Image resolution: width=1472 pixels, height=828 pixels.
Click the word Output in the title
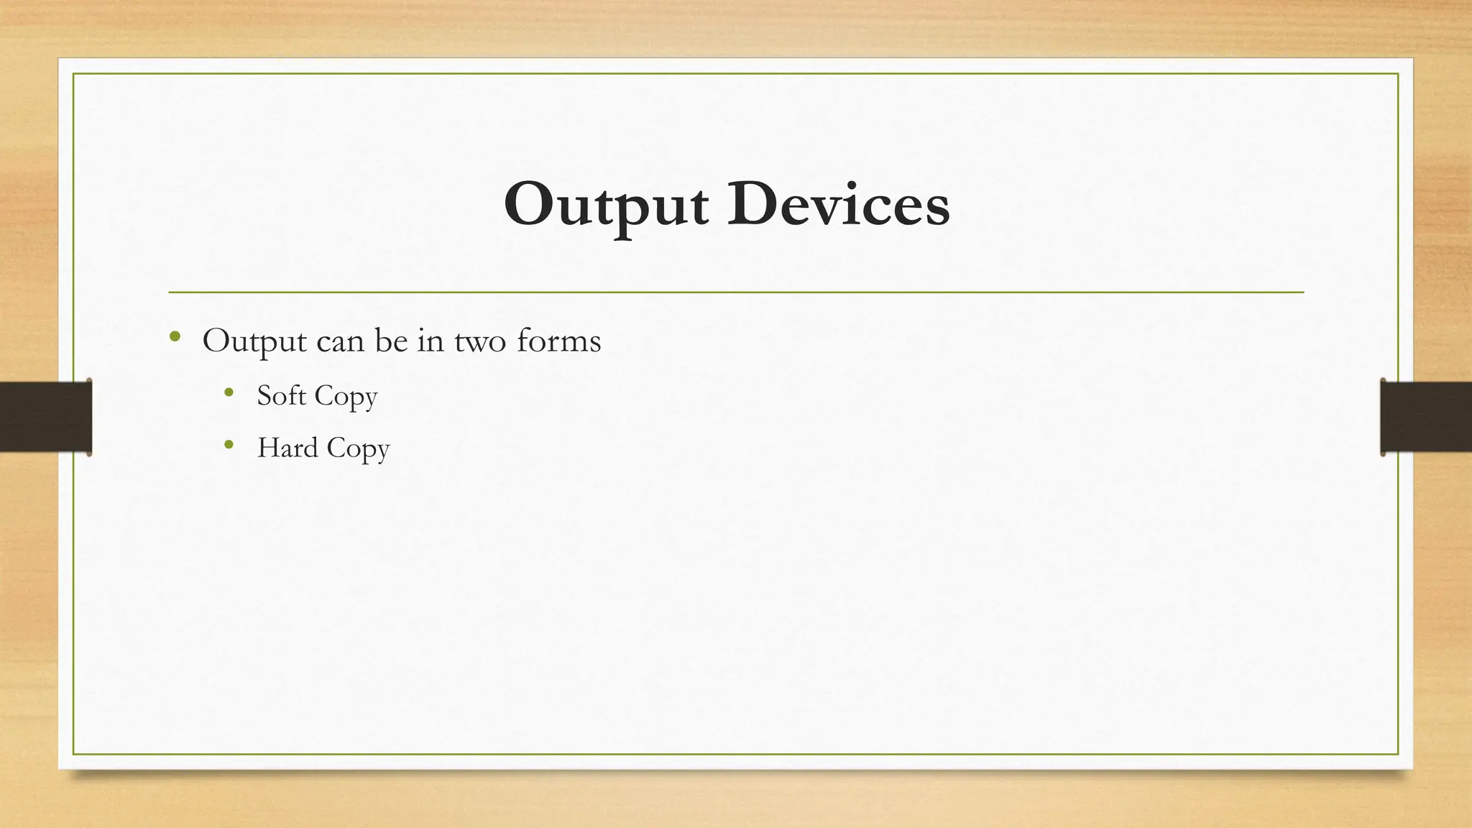pos(606,206)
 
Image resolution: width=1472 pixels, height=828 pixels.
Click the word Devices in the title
pos(838,205)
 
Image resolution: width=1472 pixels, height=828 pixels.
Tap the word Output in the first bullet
pos(254,341)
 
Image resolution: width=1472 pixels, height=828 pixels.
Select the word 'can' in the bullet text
pos(340,341)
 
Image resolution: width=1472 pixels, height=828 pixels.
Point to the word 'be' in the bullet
pos(391,341)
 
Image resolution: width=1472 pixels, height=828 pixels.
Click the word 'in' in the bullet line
pos(431,341)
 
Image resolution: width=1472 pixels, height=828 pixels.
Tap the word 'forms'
pos(558,341)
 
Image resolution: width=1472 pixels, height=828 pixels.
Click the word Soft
pos(281,395)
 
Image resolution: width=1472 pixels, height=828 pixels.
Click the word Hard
pos(287,448)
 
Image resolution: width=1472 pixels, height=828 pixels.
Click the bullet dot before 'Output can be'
pos(175,336)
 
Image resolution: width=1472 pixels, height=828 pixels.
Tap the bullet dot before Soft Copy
pos(229,392)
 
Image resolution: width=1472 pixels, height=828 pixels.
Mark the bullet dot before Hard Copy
pos(229,445)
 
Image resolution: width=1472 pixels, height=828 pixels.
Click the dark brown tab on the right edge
pos(1426,417)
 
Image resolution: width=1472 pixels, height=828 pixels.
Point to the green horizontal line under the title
pos(736,293)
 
